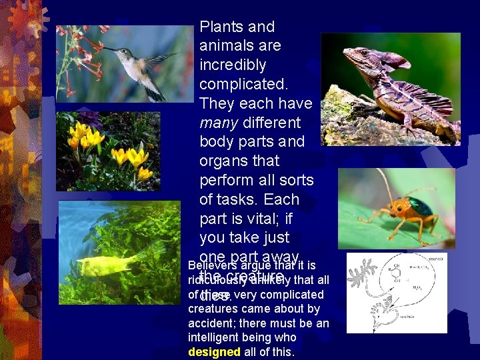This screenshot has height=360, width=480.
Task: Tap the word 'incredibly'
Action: tap(233, 65)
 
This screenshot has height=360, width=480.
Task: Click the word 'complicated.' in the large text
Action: tap(243, 85)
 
